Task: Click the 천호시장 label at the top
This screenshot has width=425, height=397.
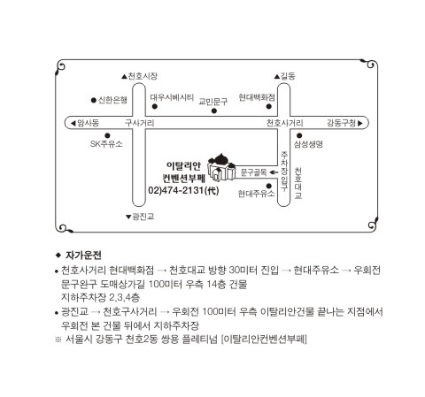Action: coord(140,76)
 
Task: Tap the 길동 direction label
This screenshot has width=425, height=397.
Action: coord(285,76)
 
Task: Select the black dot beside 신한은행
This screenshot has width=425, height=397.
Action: coord(94,100)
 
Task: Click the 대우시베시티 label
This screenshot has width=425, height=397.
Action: coord(172,97)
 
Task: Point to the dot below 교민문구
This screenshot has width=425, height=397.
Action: coord(214,111)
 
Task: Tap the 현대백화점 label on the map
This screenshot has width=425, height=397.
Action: coord(257,97)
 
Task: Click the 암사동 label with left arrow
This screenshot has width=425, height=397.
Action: coord(85,123)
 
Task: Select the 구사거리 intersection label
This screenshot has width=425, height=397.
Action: coord(139,123)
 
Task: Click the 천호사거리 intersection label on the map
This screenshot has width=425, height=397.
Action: coord(284,123)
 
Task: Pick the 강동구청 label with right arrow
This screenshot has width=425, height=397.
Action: coord(344,123)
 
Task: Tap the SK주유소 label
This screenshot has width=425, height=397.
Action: coord(106,144)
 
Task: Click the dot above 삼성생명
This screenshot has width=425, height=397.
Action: coord(299,135)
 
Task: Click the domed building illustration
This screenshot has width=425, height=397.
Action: coord(221,167)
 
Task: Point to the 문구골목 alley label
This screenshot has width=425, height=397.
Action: coord(254,172)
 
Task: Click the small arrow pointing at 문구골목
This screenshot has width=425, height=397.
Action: coord(274,172)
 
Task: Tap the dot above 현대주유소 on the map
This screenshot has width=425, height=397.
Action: coord(269,186)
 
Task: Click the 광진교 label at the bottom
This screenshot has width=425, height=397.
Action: coord(140,217)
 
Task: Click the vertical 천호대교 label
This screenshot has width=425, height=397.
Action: coord(298,183)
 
